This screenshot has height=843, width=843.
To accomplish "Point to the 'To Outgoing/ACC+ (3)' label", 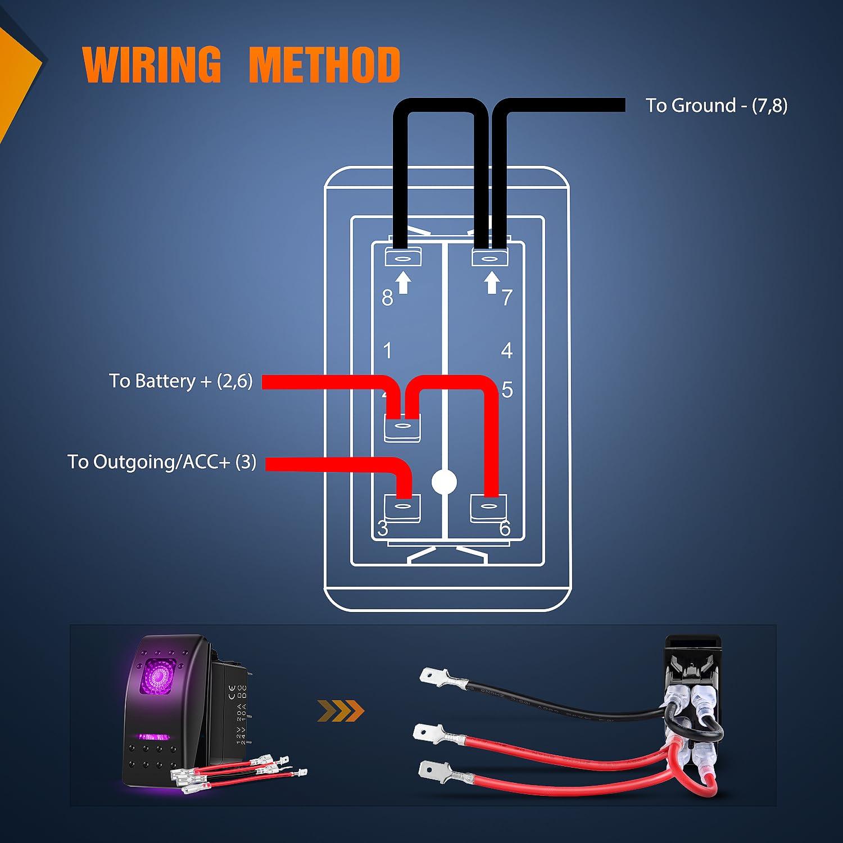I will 161,462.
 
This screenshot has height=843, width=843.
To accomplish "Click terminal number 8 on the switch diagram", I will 387,298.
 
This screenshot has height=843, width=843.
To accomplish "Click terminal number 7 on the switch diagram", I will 507,297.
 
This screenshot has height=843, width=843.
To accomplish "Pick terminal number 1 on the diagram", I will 387,351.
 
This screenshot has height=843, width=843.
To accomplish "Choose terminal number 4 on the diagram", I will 507,351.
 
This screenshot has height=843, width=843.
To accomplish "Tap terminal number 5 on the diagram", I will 507,389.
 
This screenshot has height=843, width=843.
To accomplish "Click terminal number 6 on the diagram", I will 505,528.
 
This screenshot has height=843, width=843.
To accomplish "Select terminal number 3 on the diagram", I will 383,528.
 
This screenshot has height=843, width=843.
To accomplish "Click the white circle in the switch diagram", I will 444,482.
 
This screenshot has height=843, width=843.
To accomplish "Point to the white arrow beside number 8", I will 403,283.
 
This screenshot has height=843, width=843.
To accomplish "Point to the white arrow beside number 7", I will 492,283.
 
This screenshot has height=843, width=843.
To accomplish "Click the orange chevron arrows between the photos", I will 341,711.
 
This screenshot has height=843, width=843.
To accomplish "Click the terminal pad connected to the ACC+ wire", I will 402,507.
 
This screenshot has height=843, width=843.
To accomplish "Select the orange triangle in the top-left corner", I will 17,73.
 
